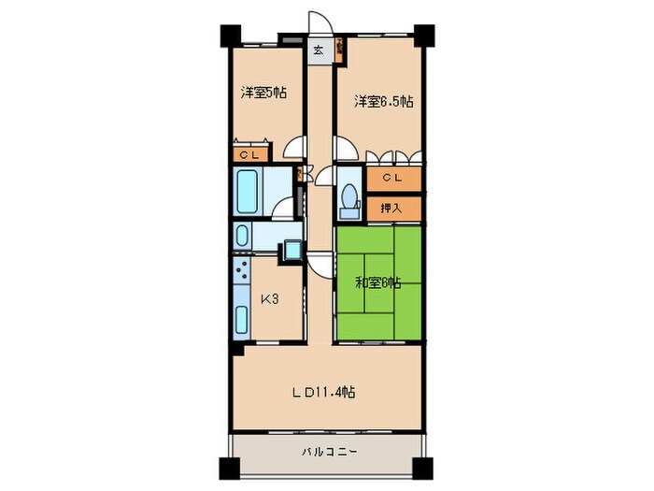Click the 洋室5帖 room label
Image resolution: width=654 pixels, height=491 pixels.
(263, 93)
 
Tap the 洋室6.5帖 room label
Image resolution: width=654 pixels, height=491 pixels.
(384, 101)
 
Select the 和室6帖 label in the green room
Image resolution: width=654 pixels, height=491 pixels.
(377, 283)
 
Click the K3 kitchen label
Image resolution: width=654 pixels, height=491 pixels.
(269, 299)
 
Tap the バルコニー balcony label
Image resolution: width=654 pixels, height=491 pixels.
(330, 452)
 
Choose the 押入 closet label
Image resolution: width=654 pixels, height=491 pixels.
(391, 208)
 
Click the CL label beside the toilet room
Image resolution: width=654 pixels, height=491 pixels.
(392, 178)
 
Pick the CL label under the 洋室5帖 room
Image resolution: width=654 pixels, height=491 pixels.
(249, 155)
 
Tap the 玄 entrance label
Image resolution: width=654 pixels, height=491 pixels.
(318, 51)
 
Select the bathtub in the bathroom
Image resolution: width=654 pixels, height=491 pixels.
(247, 192)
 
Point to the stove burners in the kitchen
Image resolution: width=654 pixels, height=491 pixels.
(241, 270)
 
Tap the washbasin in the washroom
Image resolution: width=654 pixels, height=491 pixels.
(242, 236)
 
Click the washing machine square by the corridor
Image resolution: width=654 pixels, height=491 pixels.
(292, 250)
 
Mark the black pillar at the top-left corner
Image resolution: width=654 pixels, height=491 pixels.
(231, 36)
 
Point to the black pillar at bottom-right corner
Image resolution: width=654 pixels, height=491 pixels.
(422, 469)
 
